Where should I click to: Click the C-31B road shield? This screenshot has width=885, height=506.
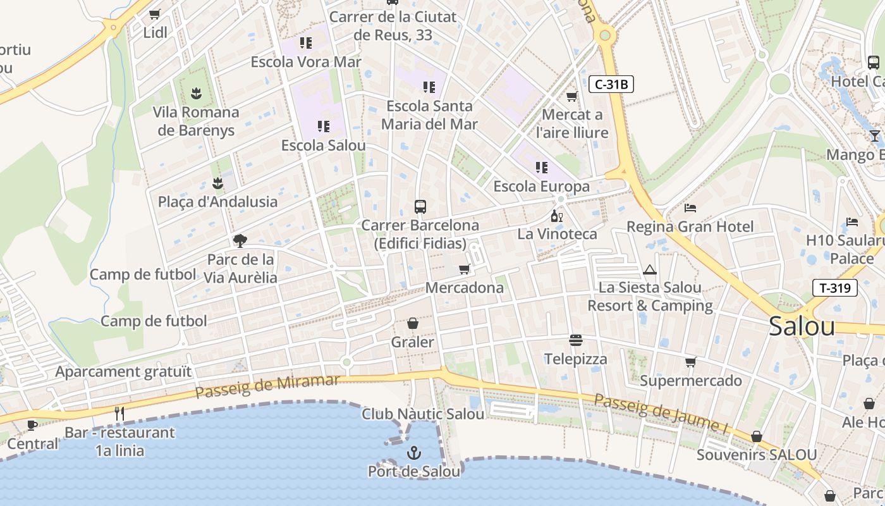coord(611,84)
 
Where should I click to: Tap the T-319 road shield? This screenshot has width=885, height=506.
coord(834,288)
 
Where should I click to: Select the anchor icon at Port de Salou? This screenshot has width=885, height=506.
coord(413,453)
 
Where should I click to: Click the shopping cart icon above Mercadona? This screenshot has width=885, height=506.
coord(465,269)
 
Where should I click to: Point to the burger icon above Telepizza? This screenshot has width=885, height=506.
coord(575,340)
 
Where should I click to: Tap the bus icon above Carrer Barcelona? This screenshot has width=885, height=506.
coord(420,206)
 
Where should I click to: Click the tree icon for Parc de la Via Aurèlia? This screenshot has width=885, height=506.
coord(240,240)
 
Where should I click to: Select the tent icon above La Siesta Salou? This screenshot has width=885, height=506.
coord(649,270)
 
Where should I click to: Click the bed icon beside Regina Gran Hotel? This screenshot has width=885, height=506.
coord(690,207)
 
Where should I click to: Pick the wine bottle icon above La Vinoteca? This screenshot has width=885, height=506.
coord(556,216)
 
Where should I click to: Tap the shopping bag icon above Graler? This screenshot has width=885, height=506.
coord(412,323)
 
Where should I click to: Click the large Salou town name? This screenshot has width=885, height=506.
coord(802,326)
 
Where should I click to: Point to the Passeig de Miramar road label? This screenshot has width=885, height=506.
coord(267,386)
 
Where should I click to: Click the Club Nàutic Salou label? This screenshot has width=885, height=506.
coord(423,414)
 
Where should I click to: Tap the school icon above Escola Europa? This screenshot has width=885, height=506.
coord(541,168)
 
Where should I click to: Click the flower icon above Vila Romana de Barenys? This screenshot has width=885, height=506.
coord(196,94)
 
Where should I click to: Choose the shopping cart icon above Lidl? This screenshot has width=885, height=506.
coord(155,14)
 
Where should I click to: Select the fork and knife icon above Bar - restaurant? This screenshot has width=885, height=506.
coord(119,414)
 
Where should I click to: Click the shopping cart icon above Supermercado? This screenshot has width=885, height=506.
coord(690,362)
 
